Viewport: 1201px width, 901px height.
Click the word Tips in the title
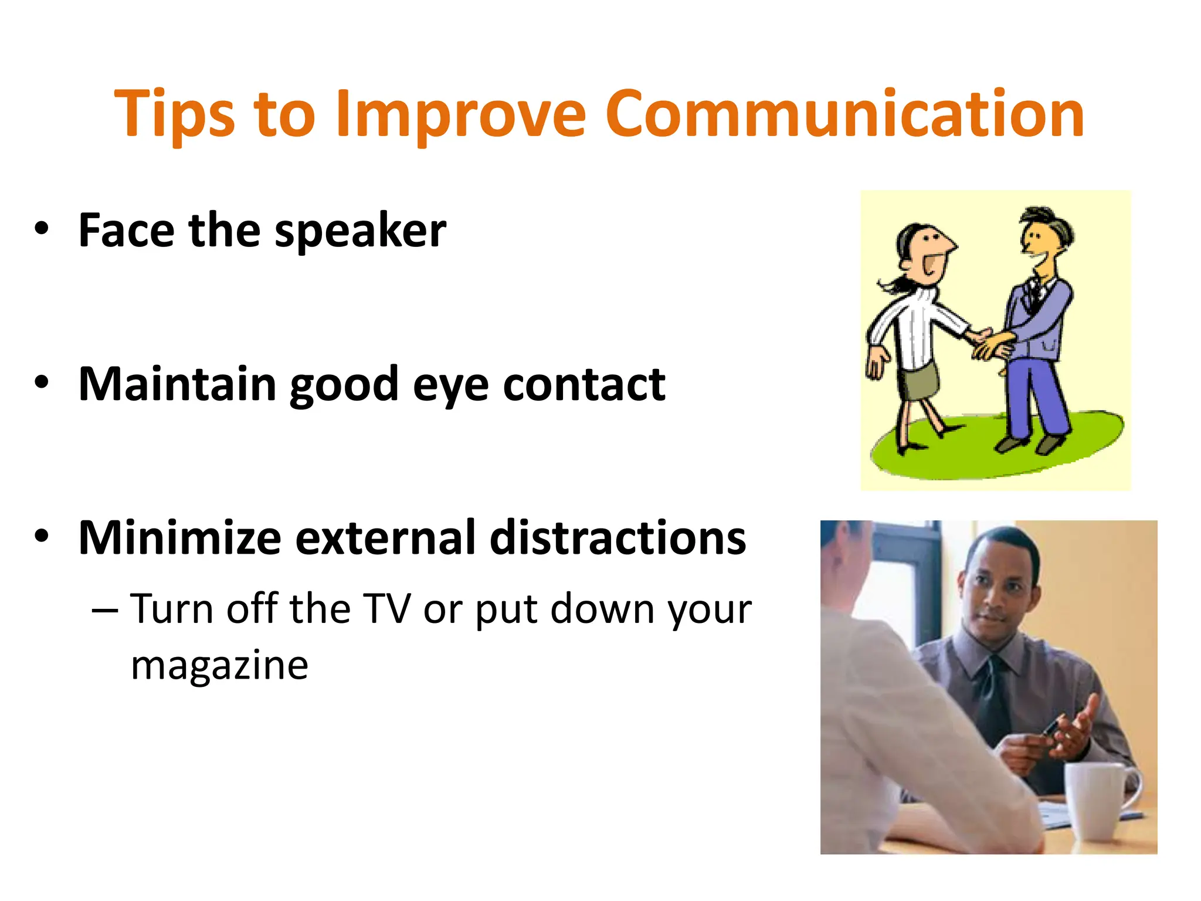174,114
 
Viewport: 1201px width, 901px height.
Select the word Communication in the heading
844,114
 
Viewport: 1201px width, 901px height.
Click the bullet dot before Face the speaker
41,229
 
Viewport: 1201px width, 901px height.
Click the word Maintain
177,384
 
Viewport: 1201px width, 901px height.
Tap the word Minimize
179,538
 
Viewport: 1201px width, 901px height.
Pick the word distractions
618,538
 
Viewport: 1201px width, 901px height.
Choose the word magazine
219,666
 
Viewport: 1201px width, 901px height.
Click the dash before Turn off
105,610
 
